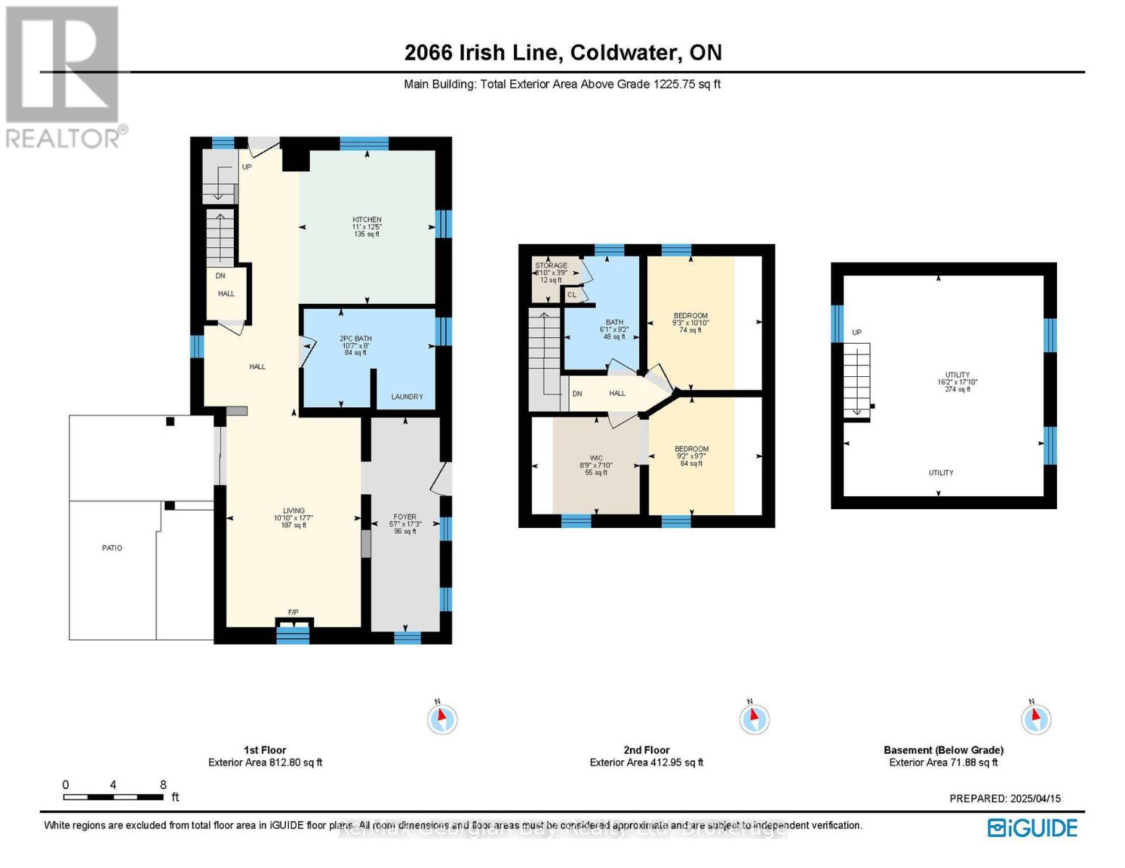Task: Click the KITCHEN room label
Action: (367, 220)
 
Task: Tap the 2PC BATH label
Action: (355, 339)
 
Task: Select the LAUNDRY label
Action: (407, 396)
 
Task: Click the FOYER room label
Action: (405, 517)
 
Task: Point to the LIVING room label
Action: (294, 511)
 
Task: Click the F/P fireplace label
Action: (293, 613)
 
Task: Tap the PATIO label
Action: (112, 548)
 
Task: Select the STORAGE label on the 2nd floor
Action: (551, 266)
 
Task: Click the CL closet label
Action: (572, 294)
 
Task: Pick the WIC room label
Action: (596, 458)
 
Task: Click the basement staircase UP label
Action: (857, 333)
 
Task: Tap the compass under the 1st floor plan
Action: (442, 719)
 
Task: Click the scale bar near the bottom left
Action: (113, 797)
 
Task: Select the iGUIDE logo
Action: (1033, 827)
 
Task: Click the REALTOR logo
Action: (64, 76)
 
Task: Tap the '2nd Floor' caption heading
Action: (646, 750)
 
